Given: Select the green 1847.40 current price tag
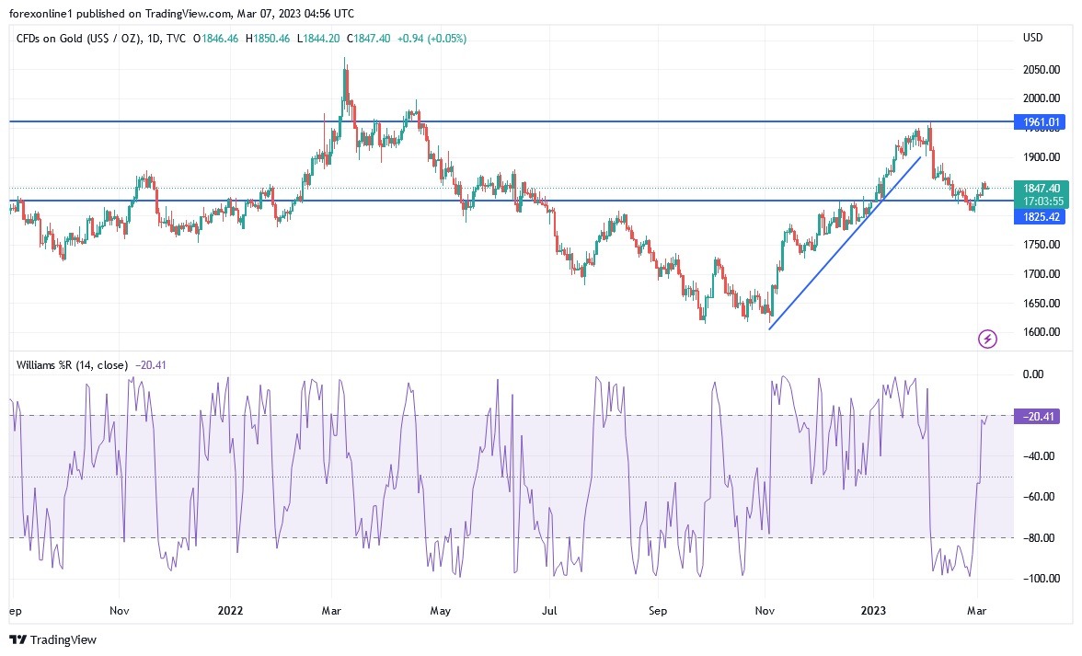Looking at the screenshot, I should tap(1042, 188).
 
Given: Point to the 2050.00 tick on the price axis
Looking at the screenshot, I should tap(1042, 69).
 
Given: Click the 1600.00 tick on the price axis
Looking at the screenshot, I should tap(1042, 332).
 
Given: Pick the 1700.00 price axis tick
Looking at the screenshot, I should tap(1042, 273).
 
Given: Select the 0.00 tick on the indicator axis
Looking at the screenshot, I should tap(1033, 374).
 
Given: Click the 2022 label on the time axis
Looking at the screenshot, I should tap(230, 609).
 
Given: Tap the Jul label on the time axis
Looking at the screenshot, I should tap(550, 609).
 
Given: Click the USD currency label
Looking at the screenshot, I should tap(1032, 38).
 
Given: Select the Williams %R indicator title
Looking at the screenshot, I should tap(73, 364).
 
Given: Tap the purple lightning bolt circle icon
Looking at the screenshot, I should tap(987, 340).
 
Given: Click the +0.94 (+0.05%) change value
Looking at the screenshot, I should tap(432, 38).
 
